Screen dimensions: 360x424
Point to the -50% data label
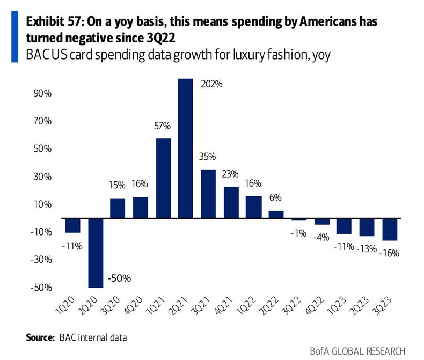[120, 278]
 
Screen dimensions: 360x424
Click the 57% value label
[162, 127]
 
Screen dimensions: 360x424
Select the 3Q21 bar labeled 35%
[208, 194]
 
